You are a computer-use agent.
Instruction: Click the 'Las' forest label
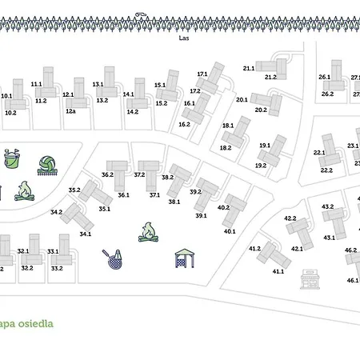[184, 38]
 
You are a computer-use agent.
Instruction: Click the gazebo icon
[185, 258]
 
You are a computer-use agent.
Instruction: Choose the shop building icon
[309, 279]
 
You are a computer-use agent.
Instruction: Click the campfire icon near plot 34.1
[148, 232]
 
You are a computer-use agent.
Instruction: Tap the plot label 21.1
[248, 69]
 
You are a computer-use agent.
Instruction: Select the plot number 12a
[70, 111]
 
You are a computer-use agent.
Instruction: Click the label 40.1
[230, 231]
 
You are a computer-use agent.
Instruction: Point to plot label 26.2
[327, 94]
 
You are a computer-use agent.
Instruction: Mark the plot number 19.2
[261, 165]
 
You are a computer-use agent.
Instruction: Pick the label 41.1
[278, 271]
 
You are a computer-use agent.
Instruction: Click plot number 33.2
[57, 268]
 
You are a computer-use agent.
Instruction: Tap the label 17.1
[202, 74]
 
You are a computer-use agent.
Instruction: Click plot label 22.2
[326, 170]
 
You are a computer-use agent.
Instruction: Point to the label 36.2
[107, 174]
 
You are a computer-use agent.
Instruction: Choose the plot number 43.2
[327, 206]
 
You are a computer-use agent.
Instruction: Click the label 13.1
[98, 83]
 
